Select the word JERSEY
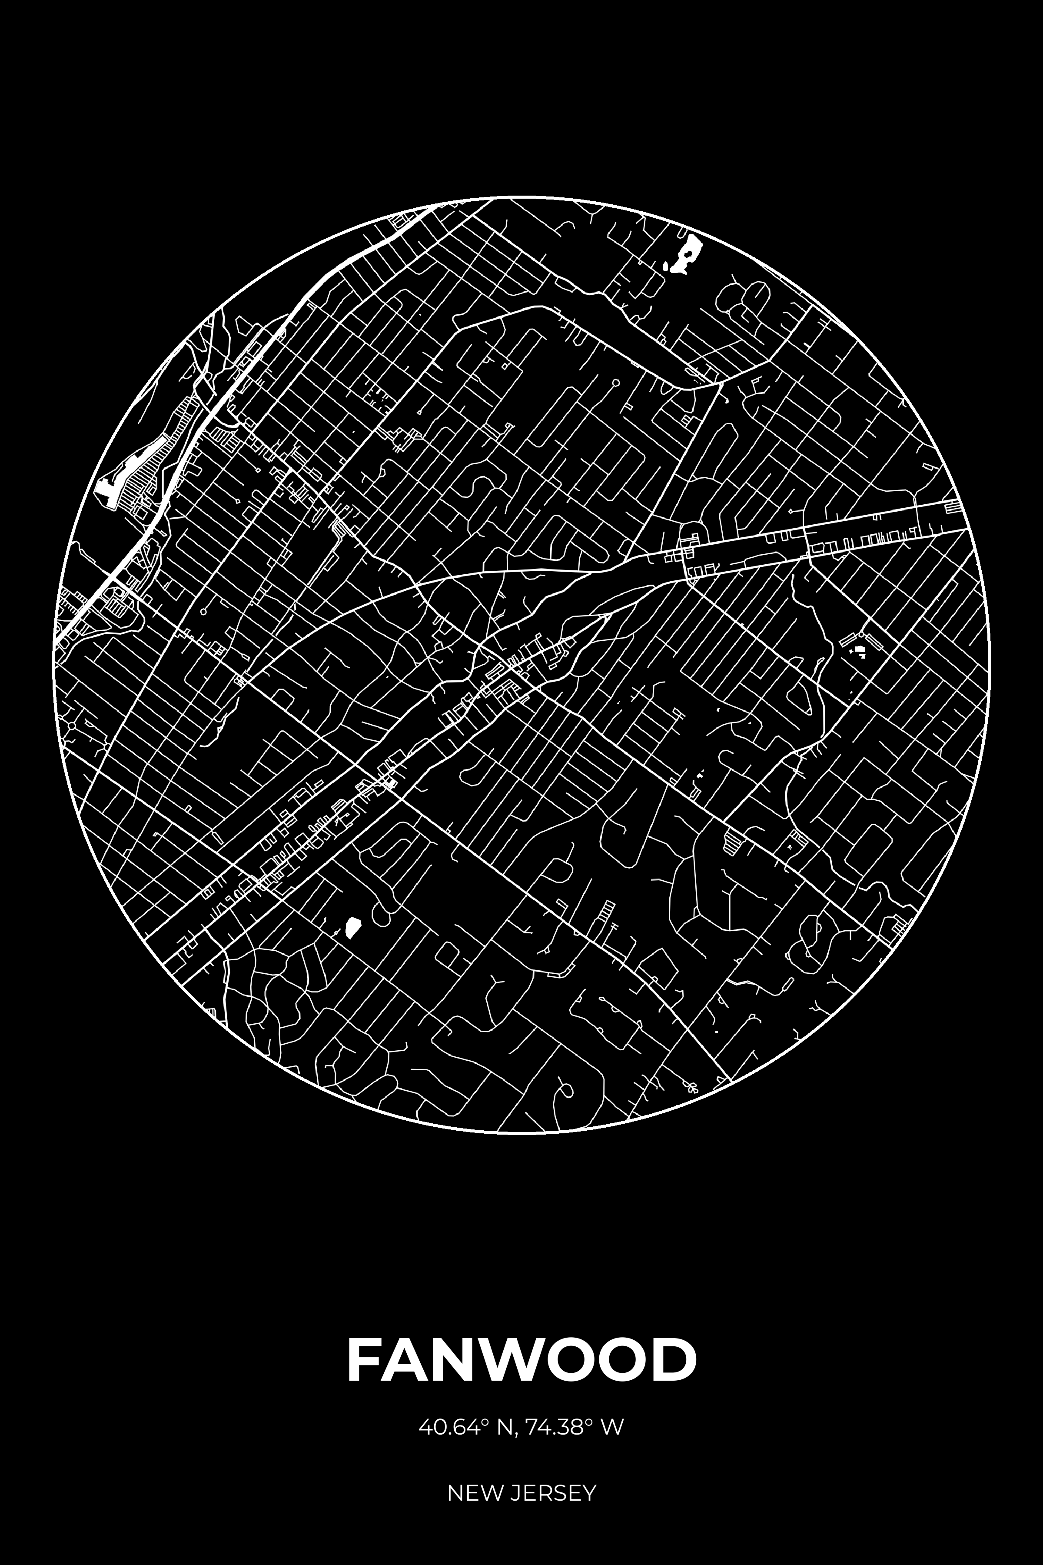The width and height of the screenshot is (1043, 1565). (553, 1475)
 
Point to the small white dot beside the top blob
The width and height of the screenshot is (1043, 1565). (665, 267)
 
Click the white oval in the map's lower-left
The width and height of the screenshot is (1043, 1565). (352, 925)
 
